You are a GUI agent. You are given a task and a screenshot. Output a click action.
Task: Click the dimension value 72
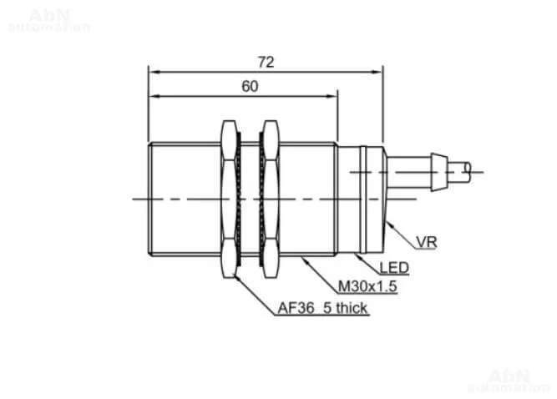click(x=266, y=62)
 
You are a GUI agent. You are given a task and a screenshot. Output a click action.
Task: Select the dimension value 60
click(x=250, y=86)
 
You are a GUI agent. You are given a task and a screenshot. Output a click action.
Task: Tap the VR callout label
click(x=426, y=242)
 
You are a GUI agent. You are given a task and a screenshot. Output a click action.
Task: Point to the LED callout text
click(x=394, y=268)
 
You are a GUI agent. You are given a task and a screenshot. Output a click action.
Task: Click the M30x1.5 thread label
click(x=367, y=286)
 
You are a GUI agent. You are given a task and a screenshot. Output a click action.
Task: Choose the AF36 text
click(x=296, y=308)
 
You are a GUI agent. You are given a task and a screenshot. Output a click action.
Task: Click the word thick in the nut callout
click(x=351, y=308)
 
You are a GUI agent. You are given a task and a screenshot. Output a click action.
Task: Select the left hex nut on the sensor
click(x=229, y=199)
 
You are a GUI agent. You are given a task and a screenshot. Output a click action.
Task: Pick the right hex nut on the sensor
click(x=271, y=199)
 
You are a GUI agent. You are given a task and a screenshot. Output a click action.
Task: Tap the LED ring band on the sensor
click(x=363, y=199)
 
